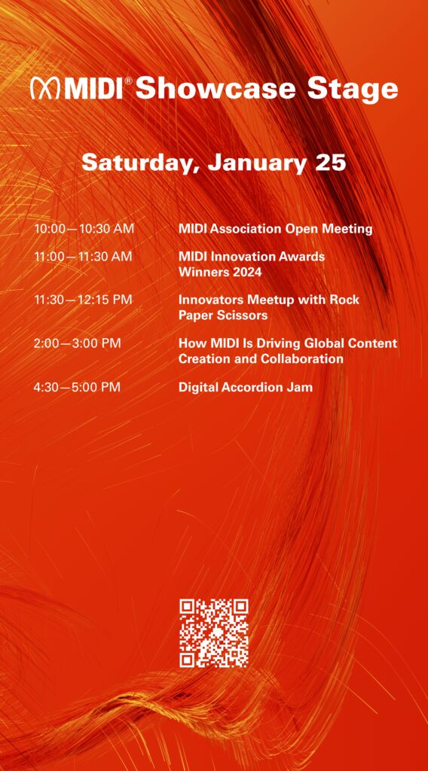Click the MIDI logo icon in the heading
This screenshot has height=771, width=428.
[x=45, y=88]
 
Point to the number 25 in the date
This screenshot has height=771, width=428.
[x=331, y=162]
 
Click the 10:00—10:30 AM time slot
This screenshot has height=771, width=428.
[x=84, y=228]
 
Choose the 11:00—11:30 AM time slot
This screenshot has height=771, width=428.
[x=83, y=257]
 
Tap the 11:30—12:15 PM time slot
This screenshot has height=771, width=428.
[x=83, y=300]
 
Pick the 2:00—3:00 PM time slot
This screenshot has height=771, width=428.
[x=77, y=343]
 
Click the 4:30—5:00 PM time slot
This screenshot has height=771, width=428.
[x=77, y=387]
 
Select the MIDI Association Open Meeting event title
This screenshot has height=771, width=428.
[x=275, y=228]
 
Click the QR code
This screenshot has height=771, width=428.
[x=214, y=632]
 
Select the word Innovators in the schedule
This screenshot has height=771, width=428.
[x=212, y=300]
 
